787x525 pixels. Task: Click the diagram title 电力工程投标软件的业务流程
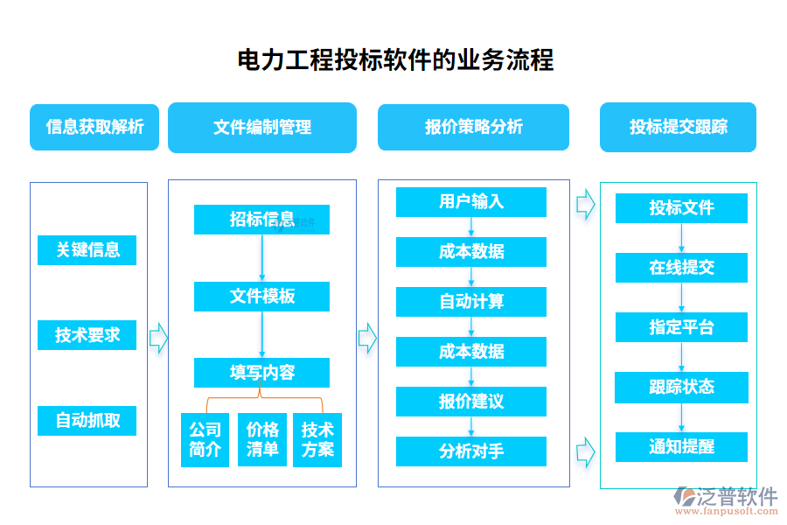[395, 60]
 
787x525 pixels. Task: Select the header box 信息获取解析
[94, 127]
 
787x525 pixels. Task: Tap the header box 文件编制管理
[261, 127]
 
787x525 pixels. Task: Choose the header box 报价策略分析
[473, 127]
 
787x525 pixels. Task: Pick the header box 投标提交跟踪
[678, 127]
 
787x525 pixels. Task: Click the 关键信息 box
[87, 249]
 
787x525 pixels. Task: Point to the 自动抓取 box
[87, 420]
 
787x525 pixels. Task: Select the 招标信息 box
[261, 219]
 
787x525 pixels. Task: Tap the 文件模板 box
[261, 297]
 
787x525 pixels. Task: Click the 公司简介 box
[205, 439]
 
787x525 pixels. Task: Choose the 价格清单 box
[262, 439]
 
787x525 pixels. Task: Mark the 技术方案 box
[317, 439]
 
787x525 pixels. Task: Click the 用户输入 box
[471, 201]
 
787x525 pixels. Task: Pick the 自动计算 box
[471, 302]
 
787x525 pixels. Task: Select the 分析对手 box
[471, 451]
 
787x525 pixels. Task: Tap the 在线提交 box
[681, 268]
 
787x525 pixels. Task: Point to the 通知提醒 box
[681, 446]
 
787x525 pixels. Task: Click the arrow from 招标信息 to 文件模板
[261, 258]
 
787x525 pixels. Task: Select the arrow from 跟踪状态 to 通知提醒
[681, 417]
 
